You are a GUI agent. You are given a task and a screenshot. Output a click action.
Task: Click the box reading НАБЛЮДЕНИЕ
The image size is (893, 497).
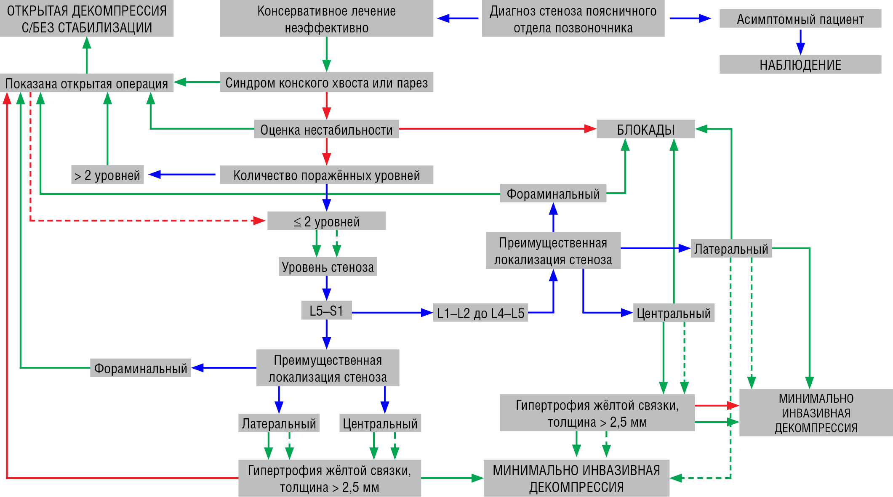coord(800,65)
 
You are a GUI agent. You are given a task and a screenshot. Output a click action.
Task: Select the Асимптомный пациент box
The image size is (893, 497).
coord(800,19)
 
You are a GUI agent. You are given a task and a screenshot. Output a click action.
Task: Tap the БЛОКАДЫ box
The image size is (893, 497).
coord(645,129)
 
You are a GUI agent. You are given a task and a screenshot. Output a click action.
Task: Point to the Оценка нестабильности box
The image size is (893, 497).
coord(326,129)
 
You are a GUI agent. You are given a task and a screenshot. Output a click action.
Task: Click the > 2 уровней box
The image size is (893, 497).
coord(107,175)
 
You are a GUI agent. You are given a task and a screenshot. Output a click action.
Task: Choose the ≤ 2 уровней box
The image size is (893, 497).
coord(326,221)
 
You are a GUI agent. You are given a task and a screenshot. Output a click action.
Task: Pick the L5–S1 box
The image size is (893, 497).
coord(326,311)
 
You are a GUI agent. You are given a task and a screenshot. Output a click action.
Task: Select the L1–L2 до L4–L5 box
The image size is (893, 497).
coord(480,313)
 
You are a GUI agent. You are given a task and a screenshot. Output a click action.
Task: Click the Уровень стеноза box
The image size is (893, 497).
coord(328,267)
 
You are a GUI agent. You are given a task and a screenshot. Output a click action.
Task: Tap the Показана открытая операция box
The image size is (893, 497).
coord(87,83)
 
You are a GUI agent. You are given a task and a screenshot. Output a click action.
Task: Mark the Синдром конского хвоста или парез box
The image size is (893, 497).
coord(326,82)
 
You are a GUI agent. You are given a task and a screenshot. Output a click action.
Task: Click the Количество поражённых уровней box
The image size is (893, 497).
coord(326,175)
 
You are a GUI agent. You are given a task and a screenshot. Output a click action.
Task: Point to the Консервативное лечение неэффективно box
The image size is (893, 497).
coord(326,19)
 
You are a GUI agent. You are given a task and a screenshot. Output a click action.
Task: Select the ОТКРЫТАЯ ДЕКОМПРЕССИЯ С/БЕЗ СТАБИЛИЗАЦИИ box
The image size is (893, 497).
coord(87,19)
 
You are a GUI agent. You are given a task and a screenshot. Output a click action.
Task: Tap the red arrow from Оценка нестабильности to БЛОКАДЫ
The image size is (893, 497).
coord(497,129)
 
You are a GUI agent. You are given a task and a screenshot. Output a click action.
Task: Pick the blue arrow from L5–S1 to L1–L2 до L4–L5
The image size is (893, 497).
coord(392,313)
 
